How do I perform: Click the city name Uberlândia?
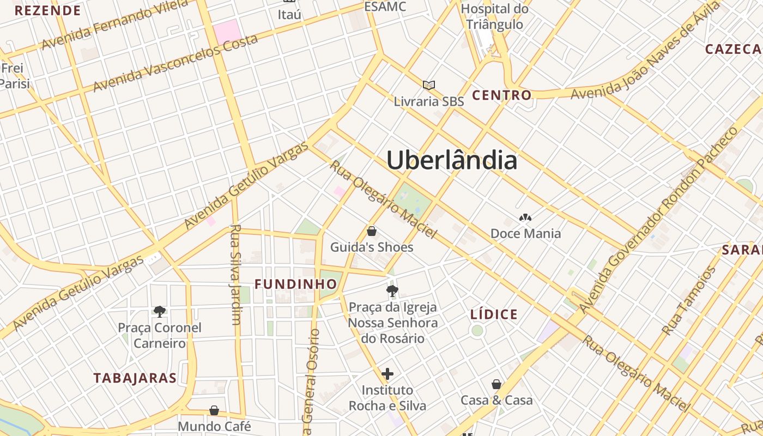click(x=452, y=160)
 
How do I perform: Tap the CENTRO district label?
click(x=501, y=95)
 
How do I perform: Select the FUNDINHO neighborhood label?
click(x=296, y=284)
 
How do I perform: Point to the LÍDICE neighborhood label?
click(x=494, y=314)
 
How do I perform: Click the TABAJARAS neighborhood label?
click(x=135, y=378)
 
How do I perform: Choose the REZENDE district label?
click(x=48, y=10)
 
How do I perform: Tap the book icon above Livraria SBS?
click(x=429, y=85)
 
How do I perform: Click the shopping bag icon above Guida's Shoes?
click(x=372, y=231)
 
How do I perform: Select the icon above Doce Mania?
click(x=525, y=218)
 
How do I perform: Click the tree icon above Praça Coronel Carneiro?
click(x=159, y=312)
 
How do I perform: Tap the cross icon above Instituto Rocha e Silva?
click(x=387, y=374)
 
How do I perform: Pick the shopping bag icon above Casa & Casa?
click(x=496, y=384)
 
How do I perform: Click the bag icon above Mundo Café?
click(x=214, y=410)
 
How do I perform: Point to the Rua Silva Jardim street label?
click(x=235, y=274)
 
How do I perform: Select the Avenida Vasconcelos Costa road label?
click(x=175, y=63)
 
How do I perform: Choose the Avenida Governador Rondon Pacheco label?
click(x=659, y=220)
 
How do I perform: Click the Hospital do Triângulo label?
click(x=494, y=16)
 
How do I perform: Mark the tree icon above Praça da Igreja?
click(x=392, y=291)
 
